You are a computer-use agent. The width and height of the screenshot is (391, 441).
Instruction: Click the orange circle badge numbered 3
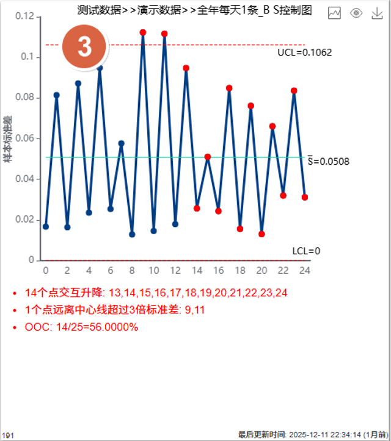coord(85,47)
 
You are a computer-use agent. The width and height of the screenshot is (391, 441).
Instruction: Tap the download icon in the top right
coord(377,13)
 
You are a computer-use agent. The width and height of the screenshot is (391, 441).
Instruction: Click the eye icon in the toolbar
coord(356,13)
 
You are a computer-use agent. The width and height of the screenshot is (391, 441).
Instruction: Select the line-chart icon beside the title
coord(334,13)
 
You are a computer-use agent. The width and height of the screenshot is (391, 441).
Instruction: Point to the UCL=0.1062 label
coord(304,52)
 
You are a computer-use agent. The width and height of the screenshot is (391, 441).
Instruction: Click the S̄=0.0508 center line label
coord(327,162)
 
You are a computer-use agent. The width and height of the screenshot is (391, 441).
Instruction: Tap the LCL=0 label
coord(306,251)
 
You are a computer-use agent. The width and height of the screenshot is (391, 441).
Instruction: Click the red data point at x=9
coord(143,32)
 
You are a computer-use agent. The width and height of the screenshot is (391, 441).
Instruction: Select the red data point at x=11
coord(164,34)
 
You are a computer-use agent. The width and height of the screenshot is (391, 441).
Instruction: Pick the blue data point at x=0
coord(46,226)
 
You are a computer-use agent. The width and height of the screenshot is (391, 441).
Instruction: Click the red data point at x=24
coord(305,197)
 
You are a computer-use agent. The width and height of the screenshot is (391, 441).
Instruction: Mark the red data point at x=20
coord(261,234)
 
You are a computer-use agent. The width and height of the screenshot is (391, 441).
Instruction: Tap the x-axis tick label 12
coord(175,270)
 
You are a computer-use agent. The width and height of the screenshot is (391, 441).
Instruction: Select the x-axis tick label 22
coord(283,270)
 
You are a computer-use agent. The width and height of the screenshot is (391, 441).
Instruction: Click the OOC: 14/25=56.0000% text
coord(82,327)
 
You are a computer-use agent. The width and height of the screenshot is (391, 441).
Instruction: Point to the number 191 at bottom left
coord(8,435)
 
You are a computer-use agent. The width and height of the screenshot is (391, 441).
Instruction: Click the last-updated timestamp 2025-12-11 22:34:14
coord(324,435)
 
